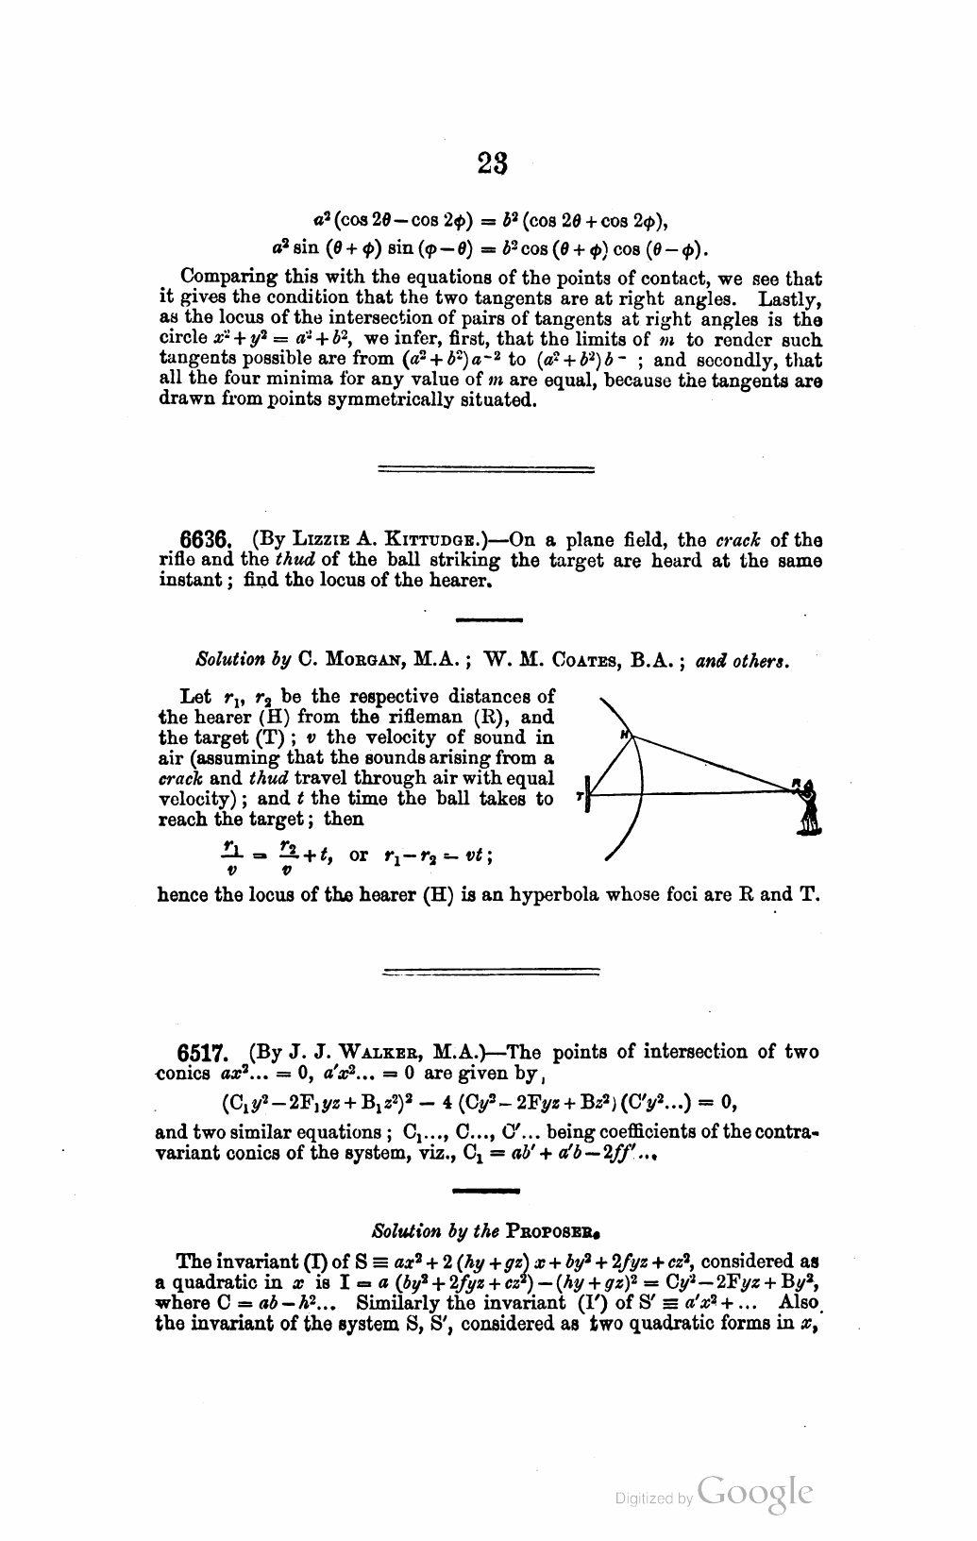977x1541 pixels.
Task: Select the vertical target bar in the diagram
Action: coord(588,794)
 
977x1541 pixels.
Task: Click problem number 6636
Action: coord(205,540)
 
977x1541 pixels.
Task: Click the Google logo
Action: coord(756,1493)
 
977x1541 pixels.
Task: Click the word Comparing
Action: coord(225,279)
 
